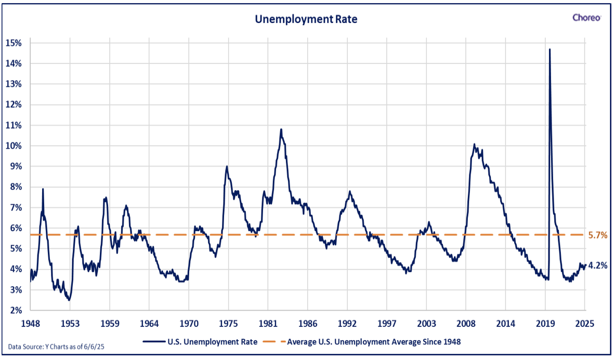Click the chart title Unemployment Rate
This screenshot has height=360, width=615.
[306, 19]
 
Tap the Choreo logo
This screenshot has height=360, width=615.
[586, 18]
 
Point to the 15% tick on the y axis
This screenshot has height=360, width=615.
[14, 43]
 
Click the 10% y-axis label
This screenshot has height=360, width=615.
[14, 146]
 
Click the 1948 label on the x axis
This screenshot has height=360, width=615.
[31, 324]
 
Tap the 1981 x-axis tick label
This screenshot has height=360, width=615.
[268, 324]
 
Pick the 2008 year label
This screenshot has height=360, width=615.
[466, 324]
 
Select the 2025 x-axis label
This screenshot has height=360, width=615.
[585, 324]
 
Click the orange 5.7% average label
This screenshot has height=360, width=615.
[598, 235]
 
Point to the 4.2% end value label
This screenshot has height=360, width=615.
[598, 265]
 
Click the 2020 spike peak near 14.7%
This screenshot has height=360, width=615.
[549, 49]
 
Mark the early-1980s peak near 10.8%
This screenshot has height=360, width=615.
[281, 129]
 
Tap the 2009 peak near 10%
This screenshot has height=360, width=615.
[474, 144]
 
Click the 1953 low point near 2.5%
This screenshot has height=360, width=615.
[69, 300]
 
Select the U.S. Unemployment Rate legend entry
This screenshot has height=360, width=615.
[200, 342]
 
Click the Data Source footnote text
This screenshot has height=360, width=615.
[56, 346]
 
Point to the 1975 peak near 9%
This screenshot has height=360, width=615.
[227, 166]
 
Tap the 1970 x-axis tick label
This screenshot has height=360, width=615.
[189, 324]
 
